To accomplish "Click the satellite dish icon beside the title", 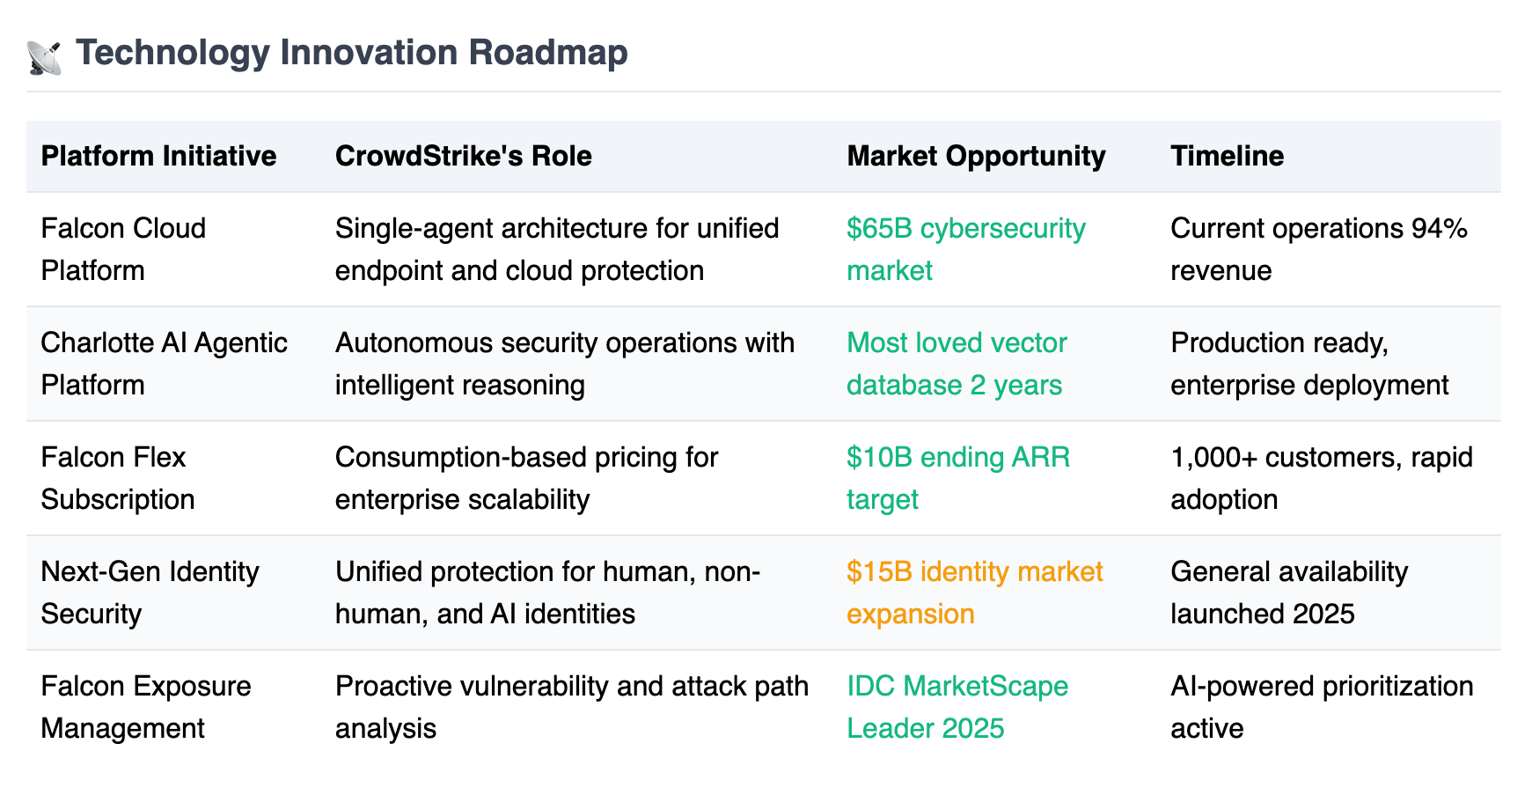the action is pyautogui.click(x=44, y=56).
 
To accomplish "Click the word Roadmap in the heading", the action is pyautogui.click(x=548, y=52).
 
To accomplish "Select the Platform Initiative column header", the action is pyautogui.click(x=158, y=156).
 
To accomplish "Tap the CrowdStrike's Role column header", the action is pyautogui.click(x=464, y=156).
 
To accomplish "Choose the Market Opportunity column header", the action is pyautogui.click(x=976, y=156).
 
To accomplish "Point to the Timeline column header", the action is pyautogui.click(x=1228, y=156).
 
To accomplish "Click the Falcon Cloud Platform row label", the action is pyautogui.click(x=123, y=249).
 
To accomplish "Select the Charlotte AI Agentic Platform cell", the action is pyautogui.click(x=165, y=364).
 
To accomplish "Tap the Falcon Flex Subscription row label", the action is pyautogui.click(x=118, y=478).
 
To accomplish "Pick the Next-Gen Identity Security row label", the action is pyautogui.click(x=150, y=593).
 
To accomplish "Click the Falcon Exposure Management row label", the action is pyautogui.click(x=146, y=707).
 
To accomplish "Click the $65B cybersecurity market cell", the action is pyautogui.click(x=966, y=249).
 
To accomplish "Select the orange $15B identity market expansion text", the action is pyautogui.click(x=975, y=593).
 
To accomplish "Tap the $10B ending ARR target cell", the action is pyautogui.click(x=958, y=478).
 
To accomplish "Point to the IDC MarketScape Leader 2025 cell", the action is pyautogui.click(x=957, y=707).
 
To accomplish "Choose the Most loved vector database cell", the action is pyautogui.click(x=957, y=364).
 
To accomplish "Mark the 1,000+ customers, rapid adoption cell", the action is pyautogui.click(x=1322, y=478).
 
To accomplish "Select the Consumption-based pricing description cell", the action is pyautogui.click(x=527, y=478).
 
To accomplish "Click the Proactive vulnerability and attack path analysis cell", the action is pyautogui.click(x=572, y=707).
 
